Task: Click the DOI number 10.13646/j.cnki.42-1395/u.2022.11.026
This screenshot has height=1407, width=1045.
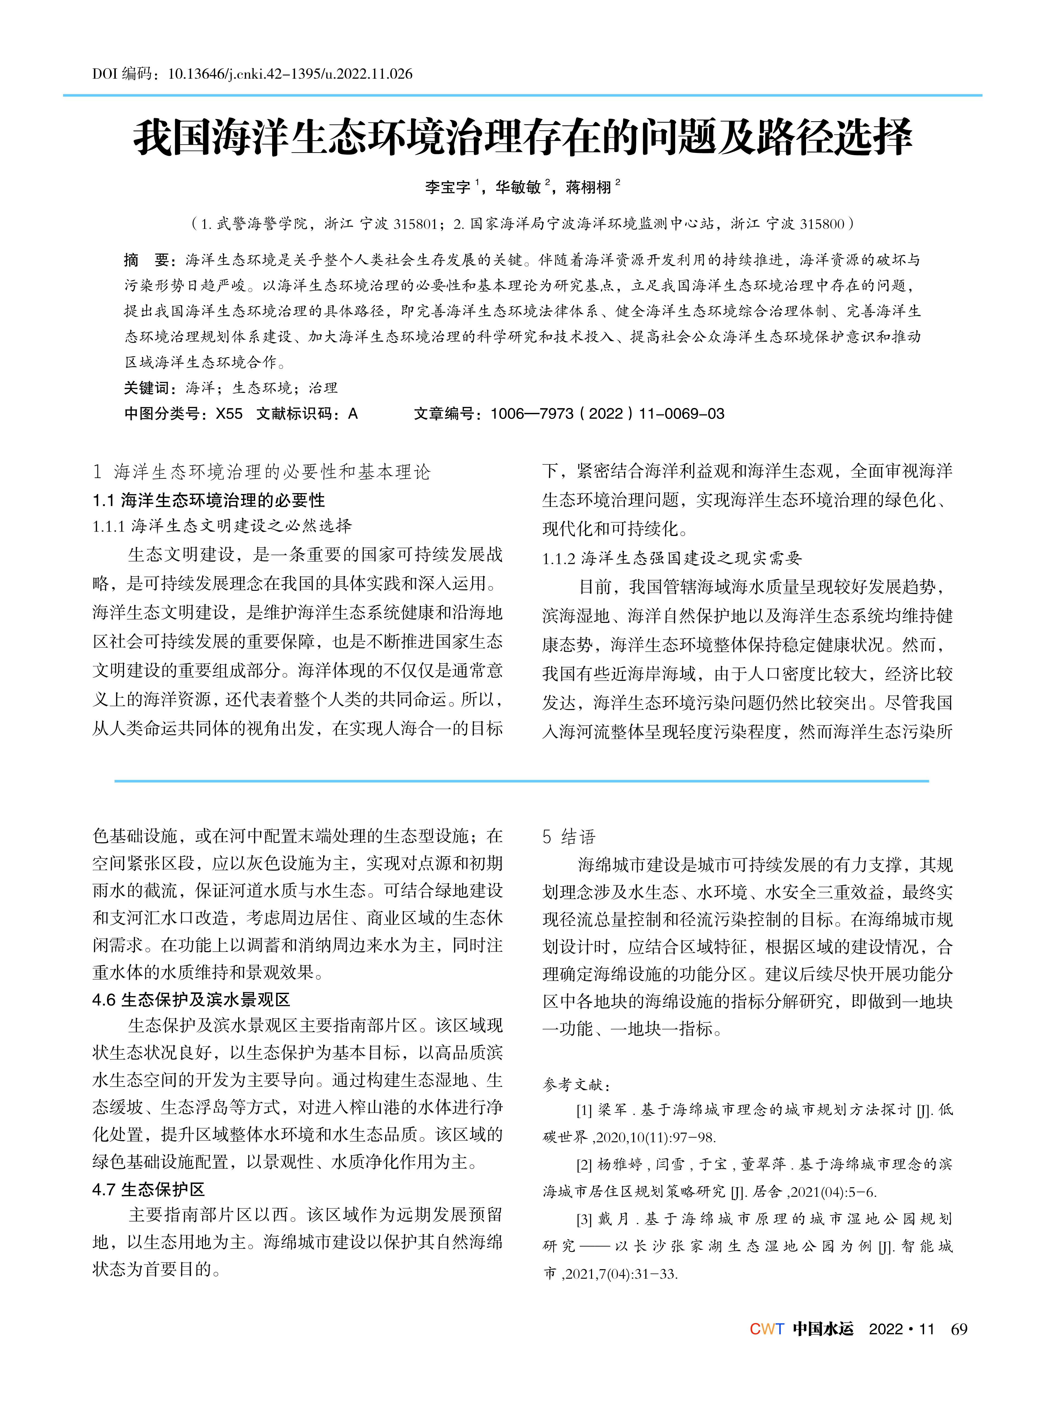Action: (290, 74)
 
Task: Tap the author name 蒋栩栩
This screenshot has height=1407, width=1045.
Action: (588, 187)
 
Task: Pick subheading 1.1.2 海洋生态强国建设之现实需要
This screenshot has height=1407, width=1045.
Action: (672, 558)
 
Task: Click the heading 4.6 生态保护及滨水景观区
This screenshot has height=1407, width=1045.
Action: (191, 999)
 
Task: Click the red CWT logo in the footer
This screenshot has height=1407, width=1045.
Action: (767, 1329)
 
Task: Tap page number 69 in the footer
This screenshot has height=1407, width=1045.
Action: (959, 1329)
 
